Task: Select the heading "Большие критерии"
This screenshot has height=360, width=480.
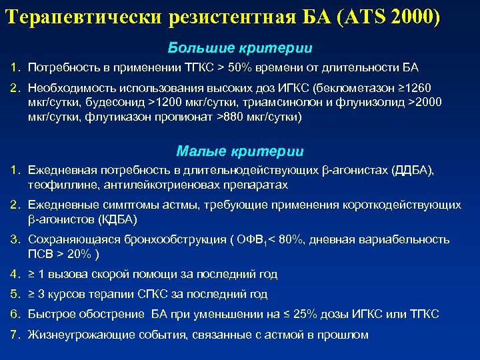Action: coord(240,49)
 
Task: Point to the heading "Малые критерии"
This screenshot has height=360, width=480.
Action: coord(240,151)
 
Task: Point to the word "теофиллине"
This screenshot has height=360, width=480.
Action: coord(58,185)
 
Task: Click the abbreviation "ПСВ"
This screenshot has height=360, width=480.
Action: coord(39,254)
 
